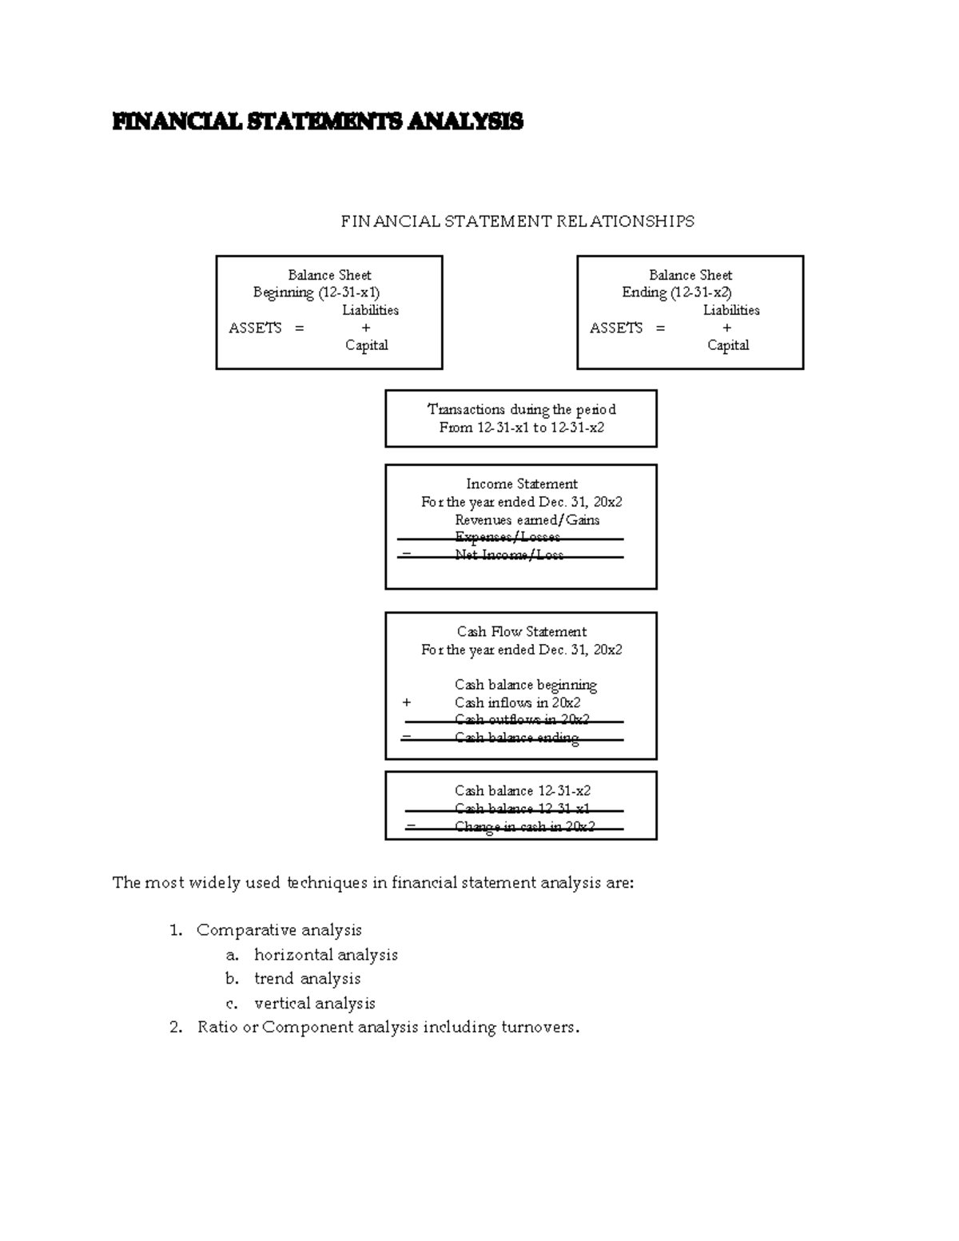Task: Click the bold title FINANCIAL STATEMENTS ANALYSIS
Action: tap(317, 121)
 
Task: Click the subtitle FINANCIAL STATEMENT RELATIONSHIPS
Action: tap(517, 221)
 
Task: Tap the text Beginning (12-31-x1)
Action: tap(316, 292)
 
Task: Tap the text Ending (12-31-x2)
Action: tap(677, 292)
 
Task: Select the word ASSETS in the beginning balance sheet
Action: tap(255, 328)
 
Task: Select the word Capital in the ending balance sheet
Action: tap(728, 345)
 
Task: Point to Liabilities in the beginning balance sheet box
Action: tap(370, 310)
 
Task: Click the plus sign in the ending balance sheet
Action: tap(726, 328)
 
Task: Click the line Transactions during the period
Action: tap(521, 409)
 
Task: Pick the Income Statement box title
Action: tap(522, 483)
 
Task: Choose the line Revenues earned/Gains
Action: tap(527, 519)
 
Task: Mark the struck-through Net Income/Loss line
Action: tap(509, 555)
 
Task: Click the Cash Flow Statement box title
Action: tap(522, 631)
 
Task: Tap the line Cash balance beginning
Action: tap(526, 685)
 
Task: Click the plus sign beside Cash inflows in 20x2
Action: tap(407, 702)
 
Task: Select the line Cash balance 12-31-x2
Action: tap(523, 790)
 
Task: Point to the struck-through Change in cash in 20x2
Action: tap(525, 827)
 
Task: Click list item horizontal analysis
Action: tap(325, 955)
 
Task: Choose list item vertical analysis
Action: tap(314, 1004)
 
